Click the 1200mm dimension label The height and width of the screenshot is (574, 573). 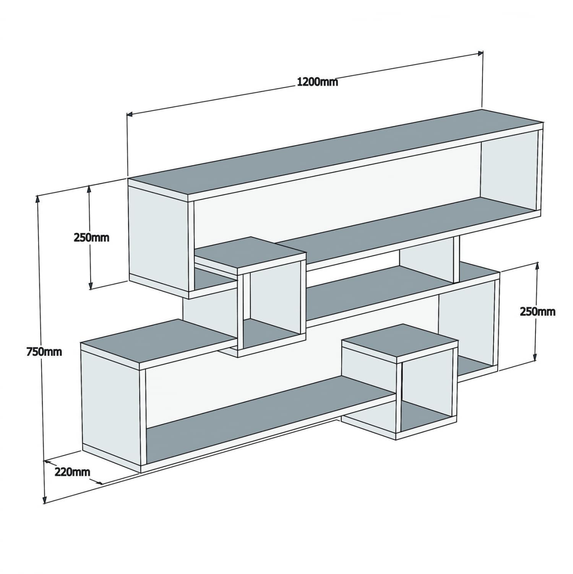tap(317, 82)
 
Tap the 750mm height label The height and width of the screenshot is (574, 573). tap(44, 351)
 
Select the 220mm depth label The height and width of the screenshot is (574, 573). tap(73, 471)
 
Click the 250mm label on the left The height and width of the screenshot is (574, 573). tap(91, 238)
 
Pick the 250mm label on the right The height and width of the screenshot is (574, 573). tap(537, 311)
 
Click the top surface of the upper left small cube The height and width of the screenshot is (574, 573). tap(250, 254)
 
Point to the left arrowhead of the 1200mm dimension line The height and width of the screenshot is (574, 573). tap(129, 114)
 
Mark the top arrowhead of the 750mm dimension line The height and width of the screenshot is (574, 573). tap(37, 198)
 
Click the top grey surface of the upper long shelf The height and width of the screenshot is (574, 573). tap(336, 153)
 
